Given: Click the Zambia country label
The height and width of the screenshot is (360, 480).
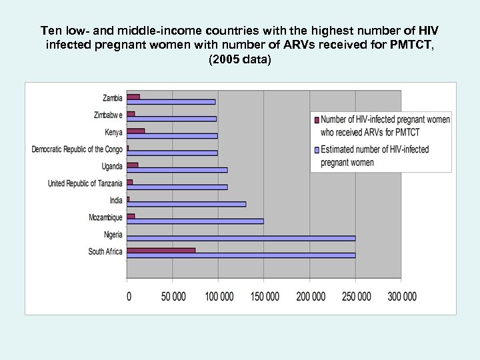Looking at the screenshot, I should coord(112,98).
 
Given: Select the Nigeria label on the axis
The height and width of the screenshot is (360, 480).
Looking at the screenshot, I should coord(113,235).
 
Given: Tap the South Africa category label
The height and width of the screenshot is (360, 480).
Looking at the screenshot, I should coord(105,252).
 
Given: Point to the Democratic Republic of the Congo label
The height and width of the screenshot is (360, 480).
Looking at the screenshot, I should coord(77,149).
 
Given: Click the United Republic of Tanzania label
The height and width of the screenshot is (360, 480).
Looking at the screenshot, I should coord(85,183).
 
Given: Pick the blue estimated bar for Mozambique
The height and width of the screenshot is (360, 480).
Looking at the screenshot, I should coord(195,221).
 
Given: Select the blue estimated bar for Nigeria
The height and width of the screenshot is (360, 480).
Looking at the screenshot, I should coord(241,238).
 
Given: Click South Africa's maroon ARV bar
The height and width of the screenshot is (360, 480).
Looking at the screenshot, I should coord(161,250).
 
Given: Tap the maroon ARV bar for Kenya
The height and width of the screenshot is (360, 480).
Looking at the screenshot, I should coord(135,131).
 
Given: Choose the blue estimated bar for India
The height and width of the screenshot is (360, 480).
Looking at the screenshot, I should coord(186,204).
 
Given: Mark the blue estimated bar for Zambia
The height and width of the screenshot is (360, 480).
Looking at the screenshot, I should coord(171,101).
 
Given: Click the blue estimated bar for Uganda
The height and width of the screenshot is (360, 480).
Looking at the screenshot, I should coord(177,170).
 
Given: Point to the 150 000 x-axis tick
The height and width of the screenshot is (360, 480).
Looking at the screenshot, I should coord(264,296).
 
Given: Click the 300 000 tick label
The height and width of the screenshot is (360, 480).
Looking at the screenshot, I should coord(401,296).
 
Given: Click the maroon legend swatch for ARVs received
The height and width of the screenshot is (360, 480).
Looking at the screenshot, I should coord(315,121).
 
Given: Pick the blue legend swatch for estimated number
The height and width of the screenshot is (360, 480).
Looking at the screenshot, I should coord(315,150).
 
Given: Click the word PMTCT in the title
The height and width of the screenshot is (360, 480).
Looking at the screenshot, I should coord(416,45).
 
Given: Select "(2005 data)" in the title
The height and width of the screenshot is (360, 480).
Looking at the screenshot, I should coord(240,59).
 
